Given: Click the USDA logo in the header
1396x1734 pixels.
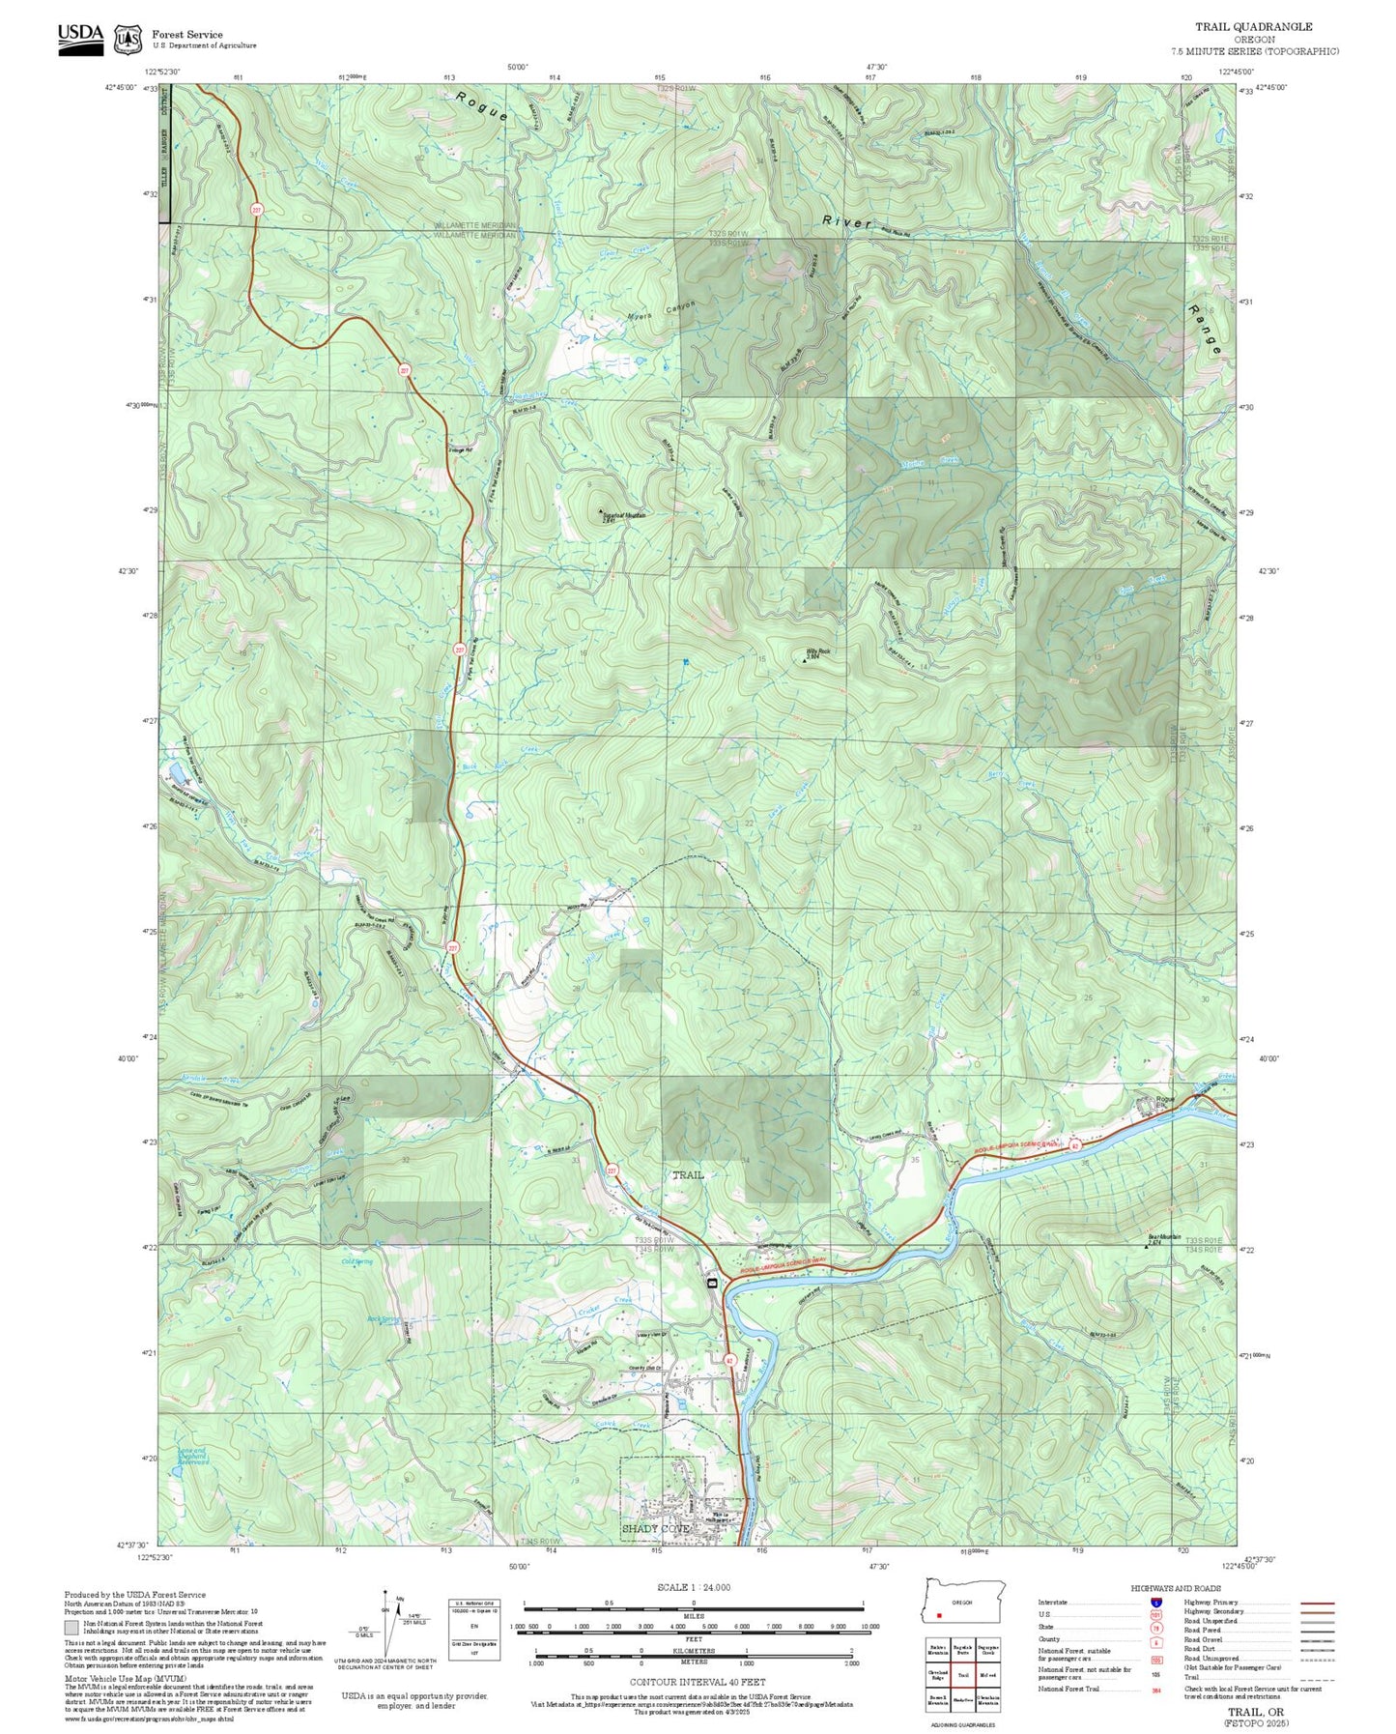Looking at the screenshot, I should click(x=80, y=36).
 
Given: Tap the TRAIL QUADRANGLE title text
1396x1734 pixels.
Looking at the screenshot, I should click(x=1253, y=27).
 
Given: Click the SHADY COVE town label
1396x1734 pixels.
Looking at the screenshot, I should click(x=656, y=1528).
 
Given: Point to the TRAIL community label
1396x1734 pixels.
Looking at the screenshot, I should click(x=688, y=1174).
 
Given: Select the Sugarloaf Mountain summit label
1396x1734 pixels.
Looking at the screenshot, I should click(x=623, y=515).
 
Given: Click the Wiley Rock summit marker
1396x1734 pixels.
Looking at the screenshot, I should click(x=806, y=662).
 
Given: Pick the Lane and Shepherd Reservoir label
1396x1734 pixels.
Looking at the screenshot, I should click(x=193, y=1456).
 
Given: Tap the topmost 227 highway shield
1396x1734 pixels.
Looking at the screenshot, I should click(x=256, y=210).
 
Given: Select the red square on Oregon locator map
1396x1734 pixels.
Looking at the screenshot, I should click(x=938, y=1614).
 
